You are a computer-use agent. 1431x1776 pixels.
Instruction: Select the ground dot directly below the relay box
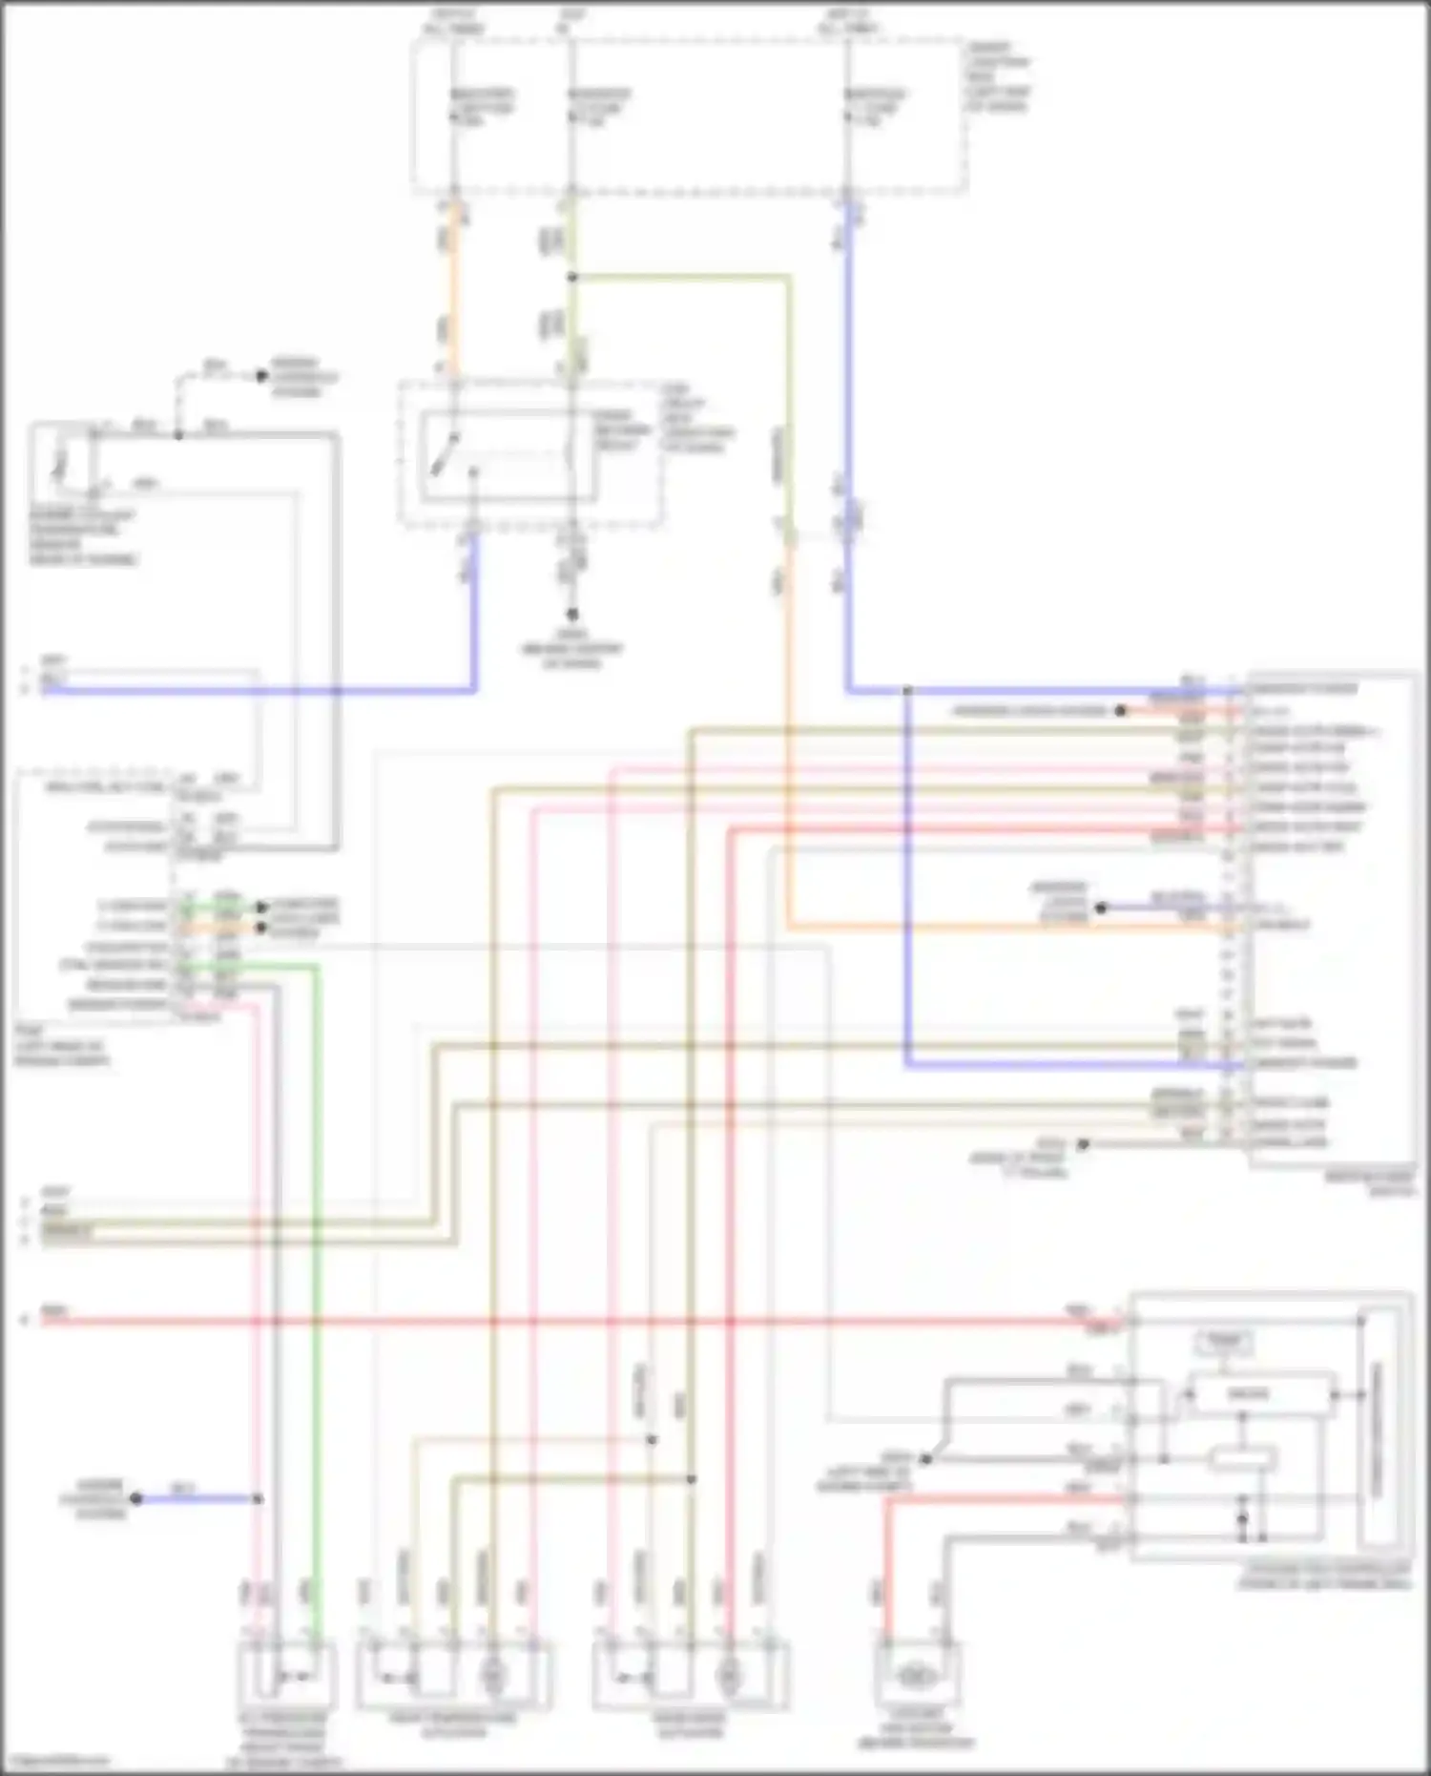572,615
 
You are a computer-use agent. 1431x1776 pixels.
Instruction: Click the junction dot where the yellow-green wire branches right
572,278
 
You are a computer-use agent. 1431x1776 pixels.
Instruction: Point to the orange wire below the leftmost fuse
454,286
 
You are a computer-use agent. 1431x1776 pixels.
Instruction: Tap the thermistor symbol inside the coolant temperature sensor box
61,463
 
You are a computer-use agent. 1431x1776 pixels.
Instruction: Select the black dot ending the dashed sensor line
261,376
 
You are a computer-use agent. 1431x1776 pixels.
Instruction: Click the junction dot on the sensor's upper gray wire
178,435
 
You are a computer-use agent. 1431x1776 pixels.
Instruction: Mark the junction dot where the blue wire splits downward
907,690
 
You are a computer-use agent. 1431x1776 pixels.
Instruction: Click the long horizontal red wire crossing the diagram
572,1322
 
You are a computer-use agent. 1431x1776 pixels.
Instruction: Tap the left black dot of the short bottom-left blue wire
135,1499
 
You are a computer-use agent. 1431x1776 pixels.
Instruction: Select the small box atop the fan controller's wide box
1225,1342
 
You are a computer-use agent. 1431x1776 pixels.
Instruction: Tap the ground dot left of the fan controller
924,1459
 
